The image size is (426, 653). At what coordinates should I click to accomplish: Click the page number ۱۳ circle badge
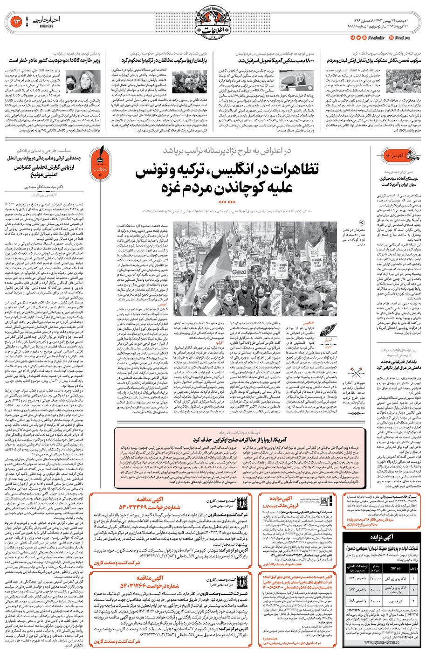pyautogui.click(x=14, y=21)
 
